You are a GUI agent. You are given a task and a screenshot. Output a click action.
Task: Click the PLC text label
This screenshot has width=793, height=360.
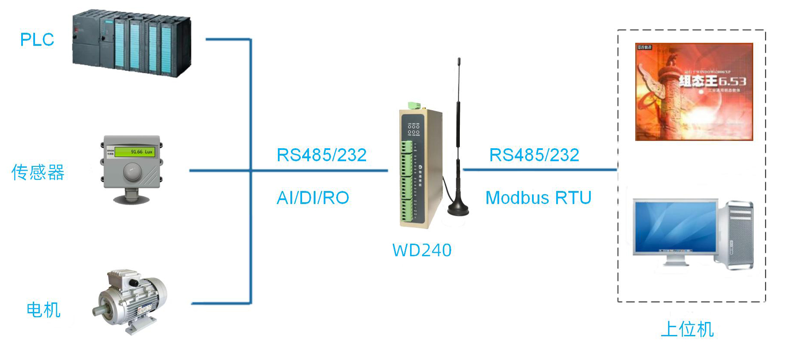pyautogui.click(x=37, y=40)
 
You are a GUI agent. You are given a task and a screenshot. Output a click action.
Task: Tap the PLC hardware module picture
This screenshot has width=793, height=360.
pyautogui.click(x=131, y=43)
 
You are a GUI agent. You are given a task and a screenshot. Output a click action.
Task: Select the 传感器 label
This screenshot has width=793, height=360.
pyautogui.click(x=38, y=172)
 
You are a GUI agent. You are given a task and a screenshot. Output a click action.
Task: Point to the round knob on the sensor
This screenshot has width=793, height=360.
pyautogui.click(x=132, y=172)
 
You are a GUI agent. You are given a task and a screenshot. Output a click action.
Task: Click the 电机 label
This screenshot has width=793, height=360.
pyautogui.click(x=43, y=310)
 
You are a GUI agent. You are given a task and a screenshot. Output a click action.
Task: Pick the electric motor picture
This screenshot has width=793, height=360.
pyautogui.click(x=130, y=300)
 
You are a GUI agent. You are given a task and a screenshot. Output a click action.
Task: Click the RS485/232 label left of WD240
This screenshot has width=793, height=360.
pyautogui.click(x=322, y=155)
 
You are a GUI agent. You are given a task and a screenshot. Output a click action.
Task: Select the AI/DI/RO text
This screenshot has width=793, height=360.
pyautogui.click(x=313, y=198)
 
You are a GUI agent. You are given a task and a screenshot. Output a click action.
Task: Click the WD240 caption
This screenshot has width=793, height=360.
pyautogui.click(x=422, y=250)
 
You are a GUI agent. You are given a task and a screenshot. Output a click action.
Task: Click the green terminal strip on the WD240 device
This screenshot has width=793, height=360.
pyautogui.click(x=406, y=182)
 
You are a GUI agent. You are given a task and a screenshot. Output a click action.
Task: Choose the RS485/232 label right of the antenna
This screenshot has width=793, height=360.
pyautogui.click(x=534, y=155)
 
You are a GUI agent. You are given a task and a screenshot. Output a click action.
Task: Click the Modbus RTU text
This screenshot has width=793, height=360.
pyautogui.click(x=538, y=198)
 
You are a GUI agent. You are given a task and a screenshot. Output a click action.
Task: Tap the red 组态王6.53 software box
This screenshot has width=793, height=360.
pyautogui.click(x=694, y=92)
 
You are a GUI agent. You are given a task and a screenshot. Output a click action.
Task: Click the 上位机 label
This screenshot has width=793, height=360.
pyautogui.click(x=688, y=329)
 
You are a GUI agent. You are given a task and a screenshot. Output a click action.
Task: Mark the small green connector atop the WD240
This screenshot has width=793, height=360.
pyautogui.click(x=414, y=105)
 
